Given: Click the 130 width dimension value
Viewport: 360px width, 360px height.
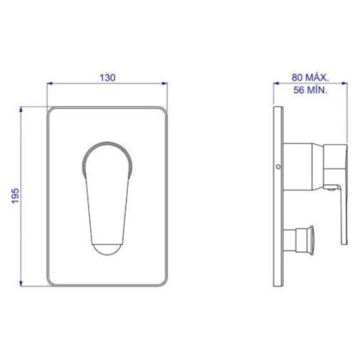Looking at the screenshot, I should pyautogui.click(x=106, y=76).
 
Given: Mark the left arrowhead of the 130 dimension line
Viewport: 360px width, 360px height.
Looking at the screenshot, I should pyautogui.click(x=50, y=85).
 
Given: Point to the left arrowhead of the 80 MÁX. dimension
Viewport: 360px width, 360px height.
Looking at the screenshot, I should pyautogui.click(x=274, y=85).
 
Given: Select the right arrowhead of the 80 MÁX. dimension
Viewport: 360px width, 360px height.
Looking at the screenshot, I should pyautogui.click(x=340, y=85).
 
